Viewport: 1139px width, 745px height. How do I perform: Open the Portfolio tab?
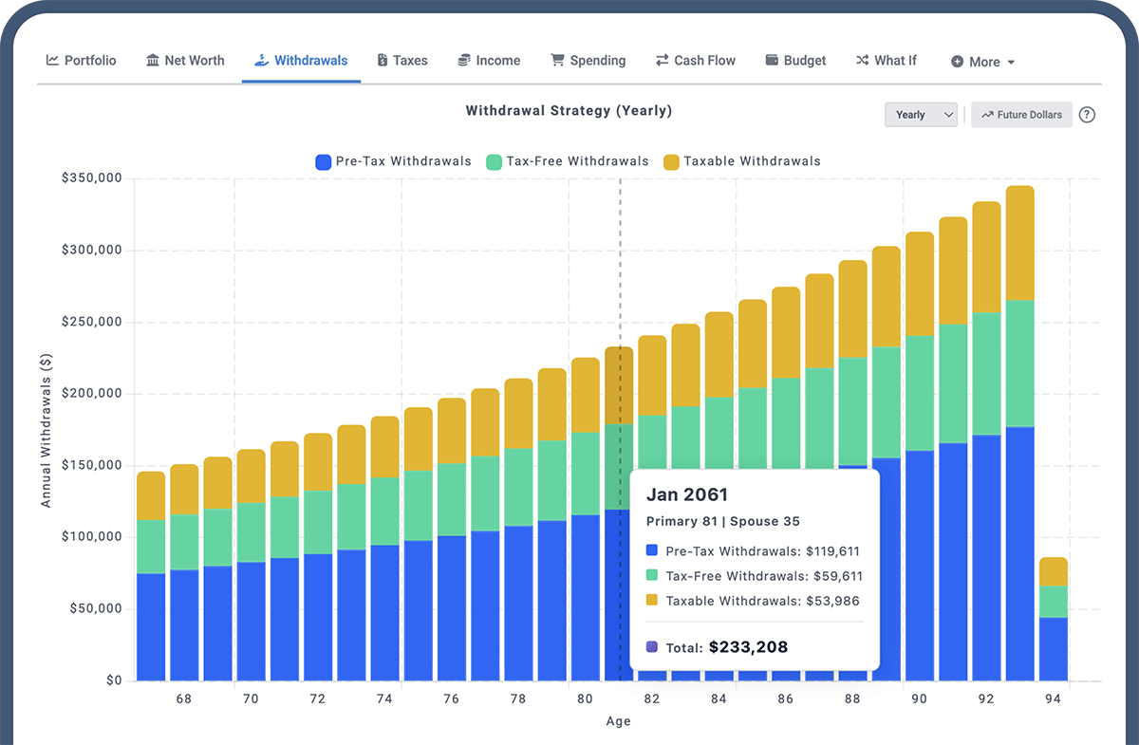tap(82, 61)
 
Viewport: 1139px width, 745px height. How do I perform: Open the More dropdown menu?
tap(983, 62)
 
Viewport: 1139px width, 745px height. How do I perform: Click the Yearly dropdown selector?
tap(921, 115)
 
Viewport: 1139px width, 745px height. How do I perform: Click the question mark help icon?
tap(1088, 115)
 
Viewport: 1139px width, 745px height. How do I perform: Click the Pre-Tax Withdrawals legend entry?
tap(393, 161)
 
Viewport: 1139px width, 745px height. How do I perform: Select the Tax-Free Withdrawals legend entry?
tap(567, 161)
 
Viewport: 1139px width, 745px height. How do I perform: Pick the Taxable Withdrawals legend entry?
tap(741, 161)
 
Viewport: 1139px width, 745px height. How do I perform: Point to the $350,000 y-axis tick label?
tap(92, 178)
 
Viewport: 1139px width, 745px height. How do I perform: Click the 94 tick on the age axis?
tap(1054, 698)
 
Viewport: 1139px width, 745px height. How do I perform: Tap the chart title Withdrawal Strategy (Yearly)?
tap(569, 111)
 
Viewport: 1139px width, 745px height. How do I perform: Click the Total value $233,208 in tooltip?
tap(748, 647)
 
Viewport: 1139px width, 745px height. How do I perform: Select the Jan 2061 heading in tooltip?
tap(686, 494)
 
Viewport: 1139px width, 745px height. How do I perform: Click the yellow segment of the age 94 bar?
tap(1054, 571)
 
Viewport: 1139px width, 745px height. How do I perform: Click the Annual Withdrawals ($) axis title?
tap(46, 429)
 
